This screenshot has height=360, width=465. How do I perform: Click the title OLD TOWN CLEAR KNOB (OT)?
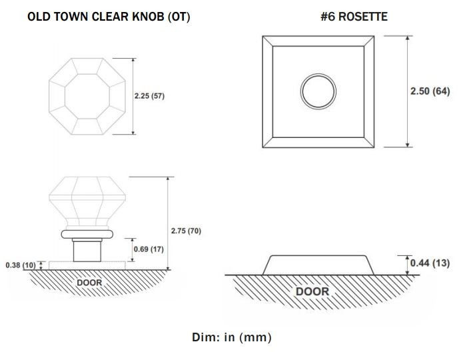pos(109,17)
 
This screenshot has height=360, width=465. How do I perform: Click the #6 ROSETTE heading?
pos(354,17)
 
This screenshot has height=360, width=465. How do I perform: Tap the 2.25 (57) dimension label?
pos(149,96)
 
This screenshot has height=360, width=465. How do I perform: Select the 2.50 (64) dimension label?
pos(430,91)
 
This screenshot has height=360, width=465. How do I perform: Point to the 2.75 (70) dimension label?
pos(186,231)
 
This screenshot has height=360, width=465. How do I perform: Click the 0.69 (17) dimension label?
pos(149,249)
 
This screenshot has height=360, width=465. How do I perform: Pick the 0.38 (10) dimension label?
pos(21,265)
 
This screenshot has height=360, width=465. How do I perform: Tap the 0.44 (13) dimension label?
pos(430,263)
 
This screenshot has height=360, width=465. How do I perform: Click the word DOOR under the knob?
pos(89,283)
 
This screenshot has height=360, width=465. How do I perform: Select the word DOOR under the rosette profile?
pos(312,291)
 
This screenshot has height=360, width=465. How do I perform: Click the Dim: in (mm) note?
pos(232,337)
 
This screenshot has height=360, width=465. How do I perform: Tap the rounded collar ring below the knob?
pos(87,234)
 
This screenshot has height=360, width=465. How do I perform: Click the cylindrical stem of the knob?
pos(87,251)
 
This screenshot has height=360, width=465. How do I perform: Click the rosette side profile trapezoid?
pos(318,256)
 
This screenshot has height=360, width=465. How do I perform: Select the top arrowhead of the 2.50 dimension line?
pos(408,39)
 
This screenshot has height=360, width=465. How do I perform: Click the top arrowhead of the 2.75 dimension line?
pos(168,179)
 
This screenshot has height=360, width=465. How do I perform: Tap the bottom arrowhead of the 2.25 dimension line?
pos(133,132)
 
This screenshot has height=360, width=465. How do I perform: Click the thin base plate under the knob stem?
pos(87,265)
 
